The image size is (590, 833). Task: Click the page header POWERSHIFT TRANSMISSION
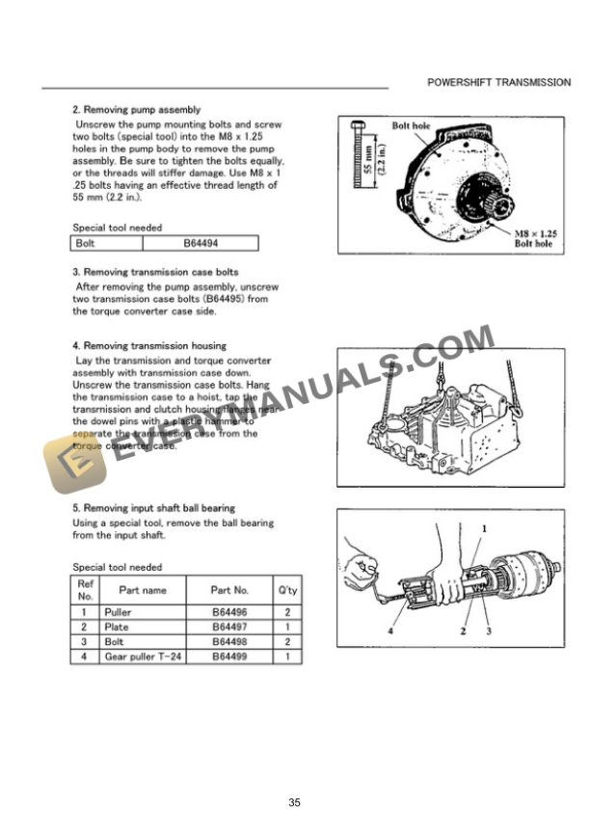click(498, 83)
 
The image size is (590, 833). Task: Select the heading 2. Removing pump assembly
click(137, 109)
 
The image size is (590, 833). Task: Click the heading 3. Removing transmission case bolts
click(155, 272)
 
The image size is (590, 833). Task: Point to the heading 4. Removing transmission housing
click(149, 345)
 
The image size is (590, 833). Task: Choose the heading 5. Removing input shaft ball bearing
click(154, 507)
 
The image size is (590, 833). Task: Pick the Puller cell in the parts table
click(121, 612)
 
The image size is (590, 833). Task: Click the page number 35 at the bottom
click(295, 802)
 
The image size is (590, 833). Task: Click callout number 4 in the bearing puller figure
click(389, 632)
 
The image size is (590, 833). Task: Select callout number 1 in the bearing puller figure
click(484, 528)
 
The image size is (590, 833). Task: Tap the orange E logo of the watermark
click(63, 462)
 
